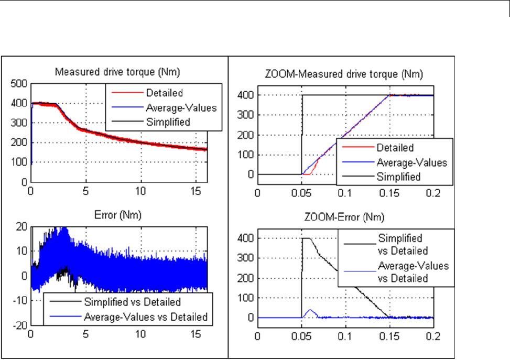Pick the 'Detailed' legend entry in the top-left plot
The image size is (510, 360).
click(165, 93)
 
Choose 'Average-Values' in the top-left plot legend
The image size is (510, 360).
click(180, 108)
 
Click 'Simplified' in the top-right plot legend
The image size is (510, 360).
click(398, 177)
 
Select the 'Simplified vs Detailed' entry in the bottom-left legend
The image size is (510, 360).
click(132, 302)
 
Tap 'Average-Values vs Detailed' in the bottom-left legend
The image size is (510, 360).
click(145, 317)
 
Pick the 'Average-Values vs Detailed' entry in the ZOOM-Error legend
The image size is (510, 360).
click(413, 272)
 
